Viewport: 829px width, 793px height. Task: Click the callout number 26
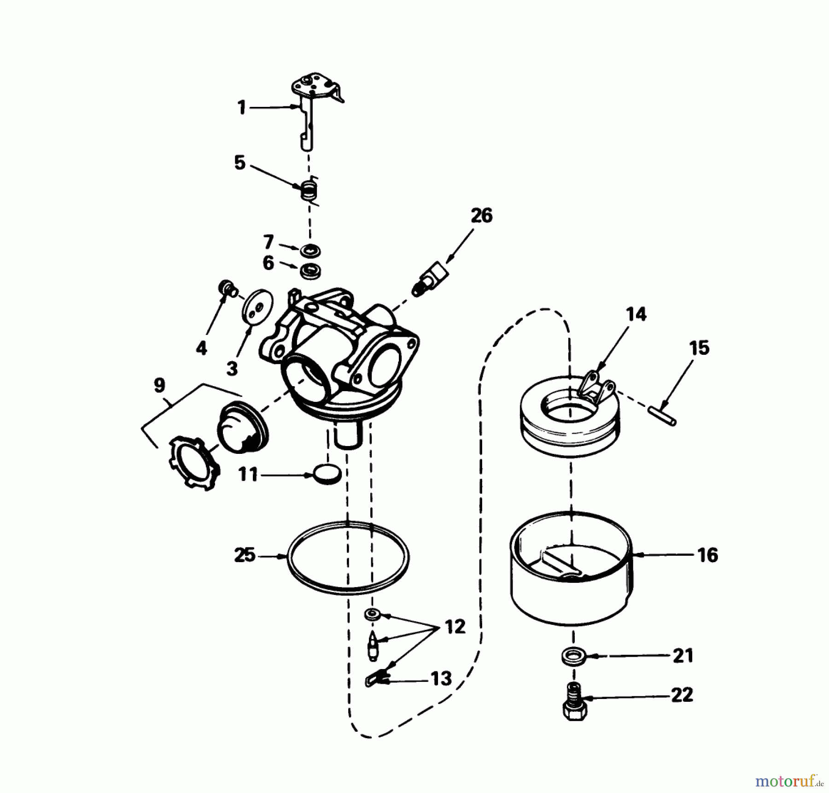(481, 215)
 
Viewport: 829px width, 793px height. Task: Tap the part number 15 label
(699, 348)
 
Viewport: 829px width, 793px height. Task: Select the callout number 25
(245, 555)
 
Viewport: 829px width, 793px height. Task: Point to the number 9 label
(159, 385)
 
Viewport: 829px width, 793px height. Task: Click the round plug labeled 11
(327, 474)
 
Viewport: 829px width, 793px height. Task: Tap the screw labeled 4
(227, 288)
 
